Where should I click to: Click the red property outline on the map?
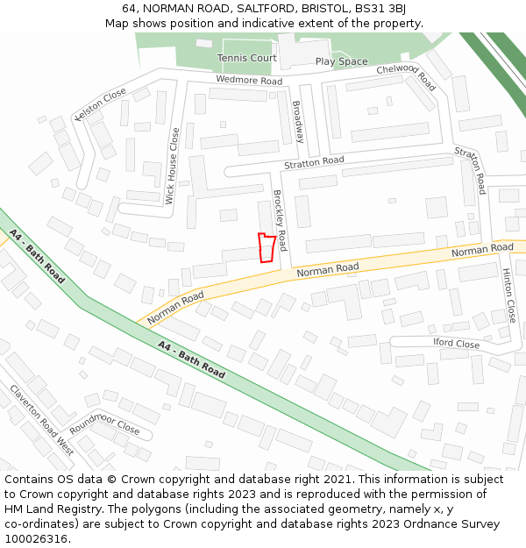point(267,247)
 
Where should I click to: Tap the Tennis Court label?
point(247,58)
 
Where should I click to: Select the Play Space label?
point(341,61)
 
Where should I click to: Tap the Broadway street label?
point(298,122)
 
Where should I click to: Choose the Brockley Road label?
point(280,214)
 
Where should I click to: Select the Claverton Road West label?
point(41,420)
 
